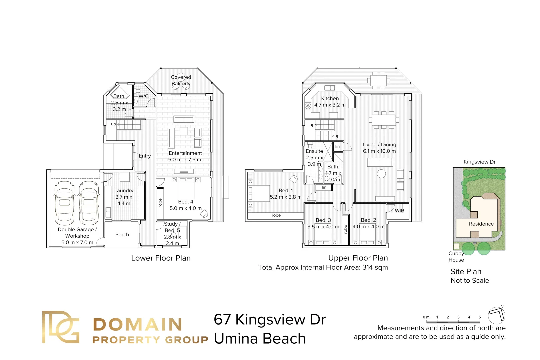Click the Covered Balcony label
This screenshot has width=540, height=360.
(181, 80)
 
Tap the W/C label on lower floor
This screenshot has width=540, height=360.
(143, 96)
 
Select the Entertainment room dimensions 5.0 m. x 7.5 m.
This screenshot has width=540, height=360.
(185, 160)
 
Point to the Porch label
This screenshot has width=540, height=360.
(122, 235)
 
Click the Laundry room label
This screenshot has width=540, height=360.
(124, 191)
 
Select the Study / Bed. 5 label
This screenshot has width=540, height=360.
(172, 227)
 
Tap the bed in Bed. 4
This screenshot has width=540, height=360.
(186, 189)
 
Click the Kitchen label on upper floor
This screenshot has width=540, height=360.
(330, 98)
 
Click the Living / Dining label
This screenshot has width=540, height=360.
(379, 145)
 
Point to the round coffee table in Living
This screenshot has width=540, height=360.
(381, 174)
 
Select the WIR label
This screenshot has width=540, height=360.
(399, 211)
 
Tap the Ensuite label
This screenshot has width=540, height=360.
(314, 151)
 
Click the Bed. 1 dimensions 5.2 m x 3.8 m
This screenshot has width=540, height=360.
(286, 197)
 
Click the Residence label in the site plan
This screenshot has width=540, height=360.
(481, 224)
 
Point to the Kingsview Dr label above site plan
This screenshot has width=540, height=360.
(479, 162)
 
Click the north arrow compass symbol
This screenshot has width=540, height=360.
(497, 315)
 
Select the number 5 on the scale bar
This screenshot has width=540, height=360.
(480, 317)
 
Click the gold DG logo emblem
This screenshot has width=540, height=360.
(61, 327)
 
